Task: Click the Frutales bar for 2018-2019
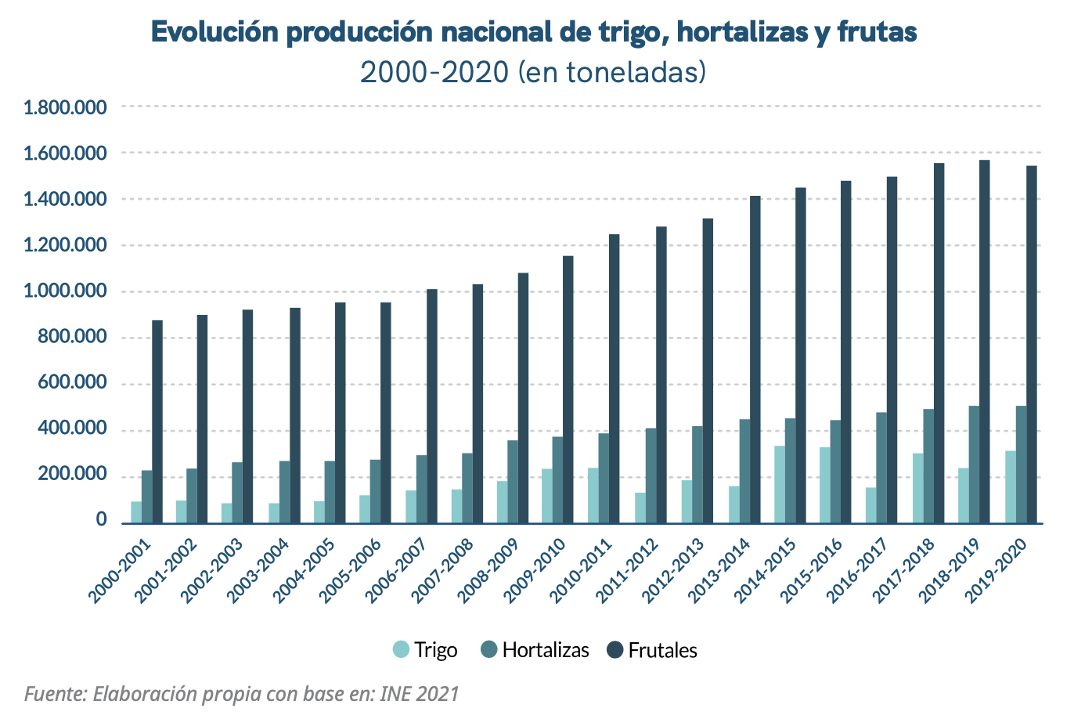(x=985, y=341)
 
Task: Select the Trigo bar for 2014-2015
(x=780, y=484)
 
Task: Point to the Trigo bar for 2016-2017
(x=871, y=505)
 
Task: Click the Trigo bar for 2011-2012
(x=640, y=508)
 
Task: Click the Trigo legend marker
(x=402, y=650)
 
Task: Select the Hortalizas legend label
(x=546, y=650)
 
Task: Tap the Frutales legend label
(x=662, y=650)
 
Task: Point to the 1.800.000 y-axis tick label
(x=65, y=107)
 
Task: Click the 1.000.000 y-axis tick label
(x=65, y=291)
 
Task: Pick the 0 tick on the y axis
(x=101, y=520)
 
